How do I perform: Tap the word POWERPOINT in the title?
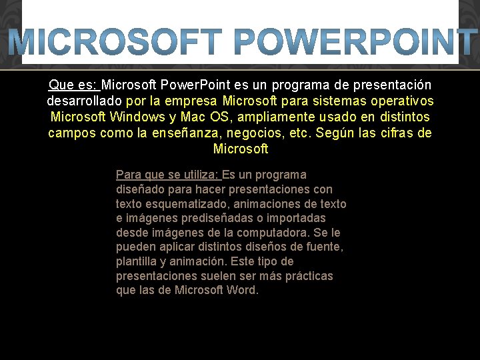pos(353,43)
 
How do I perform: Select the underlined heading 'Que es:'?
pos(73,85)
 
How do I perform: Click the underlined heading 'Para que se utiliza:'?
pos(167,175)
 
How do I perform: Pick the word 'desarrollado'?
pos(84,101)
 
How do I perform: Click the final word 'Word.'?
pos(242,290)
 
